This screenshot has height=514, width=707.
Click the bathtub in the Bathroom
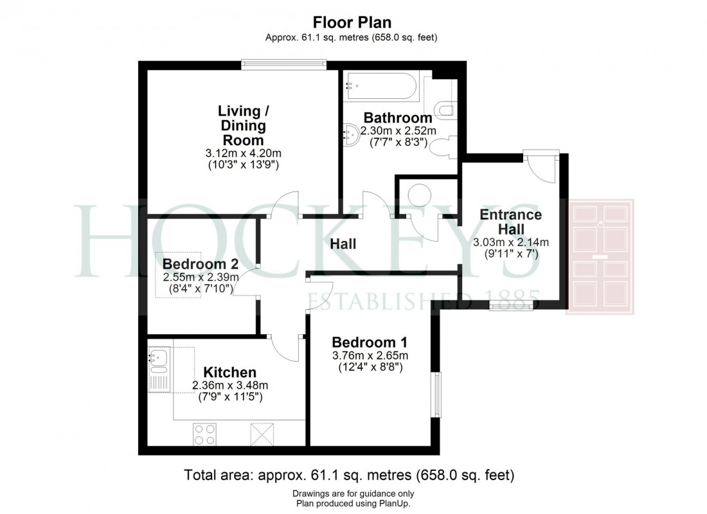tap(382, 86)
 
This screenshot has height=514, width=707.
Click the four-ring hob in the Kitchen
tap(204, 434)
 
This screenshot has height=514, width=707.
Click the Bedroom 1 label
tap(369, 342)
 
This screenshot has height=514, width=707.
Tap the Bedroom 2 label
tap(201, 263)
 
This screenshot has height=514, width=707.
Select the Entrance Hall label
tap(511, 222)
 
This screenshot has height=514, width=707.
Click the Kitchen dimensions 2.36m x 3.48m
tap(229, 385)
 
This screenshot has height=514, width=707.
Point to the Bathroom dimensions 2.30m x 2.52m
tap(399, 131)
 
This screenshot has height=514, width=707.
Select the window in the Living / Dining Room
tap(283, 64)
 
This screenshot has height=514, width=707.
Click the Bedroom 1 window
tap(436, 394)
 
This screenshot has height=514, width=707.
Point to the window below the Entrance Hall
tap(510, 306)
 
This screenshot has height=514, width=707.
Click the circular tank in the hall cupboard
tap(421, 195)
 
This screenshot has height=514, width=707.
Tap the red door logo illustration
tap(599, 256)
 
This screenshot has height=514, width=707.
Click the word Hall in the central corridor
tap(343, 244)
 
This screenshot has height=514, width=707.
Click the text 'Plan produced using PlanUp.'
tap(351, 504)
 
